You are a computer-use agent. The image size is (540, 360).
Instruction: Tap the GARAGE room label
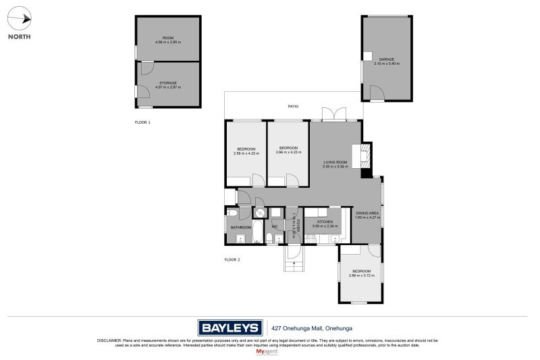click(386, 59)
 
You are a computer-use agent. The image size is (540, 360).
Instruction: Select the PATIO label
click(293, 107)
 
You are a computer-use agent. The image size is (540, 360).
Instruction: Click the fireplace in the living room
click(364, 155)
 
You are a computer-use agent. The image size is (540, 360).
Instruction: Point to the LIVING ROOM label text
click(335, 162)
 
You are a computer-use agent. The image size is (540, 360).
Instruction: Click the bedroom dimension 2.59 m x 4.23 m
click(246, 153)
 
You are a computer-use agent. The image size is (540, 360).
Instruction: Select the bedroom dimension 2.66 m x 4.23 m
click(288, 153)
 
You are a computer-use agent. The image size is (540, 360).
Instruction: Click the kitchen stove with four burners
click(310, 237)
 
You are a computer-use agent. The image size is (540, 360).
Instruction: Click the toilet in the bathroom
click(231, 213)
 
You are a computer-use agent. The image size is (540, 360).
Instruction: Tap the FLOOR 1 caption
click(142, 122)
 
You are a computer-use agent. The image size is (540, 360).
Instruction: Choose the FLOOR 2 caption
click(232, 259)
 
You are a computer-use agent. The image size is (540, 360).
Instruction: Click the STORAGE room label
click(168, 83)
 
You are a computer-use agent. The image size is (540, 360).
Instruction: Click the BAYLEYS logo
click(230, 328)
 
